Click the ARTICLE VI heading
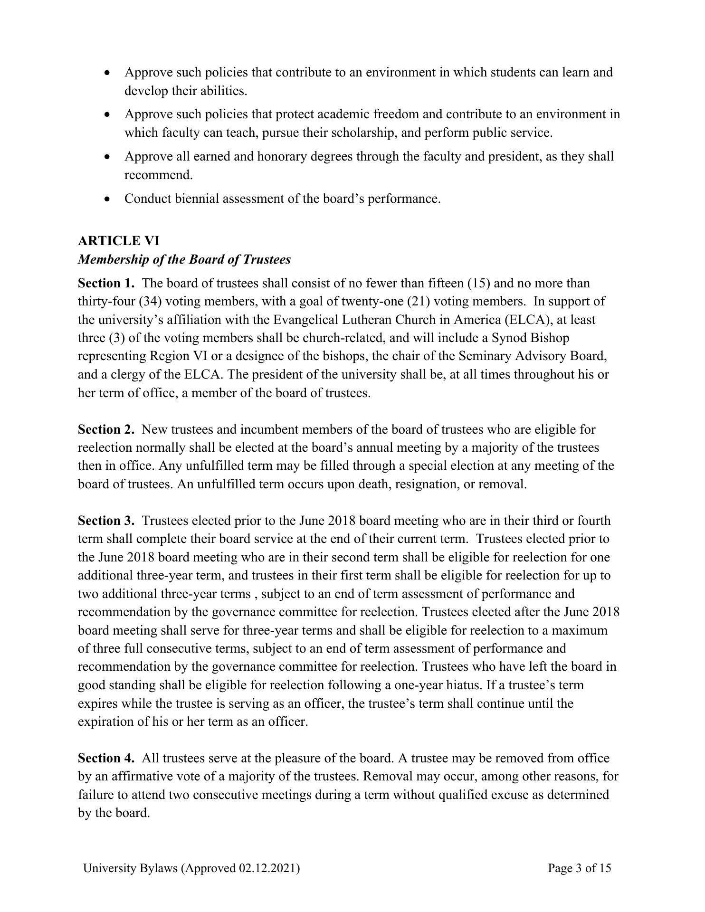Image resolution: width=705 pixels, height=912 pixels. point(119,241)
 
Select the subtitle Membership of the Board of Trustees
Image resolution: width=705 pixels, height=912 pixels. point(184,259)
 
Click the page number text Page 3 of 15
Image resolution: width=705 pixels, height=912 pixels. point(579,868)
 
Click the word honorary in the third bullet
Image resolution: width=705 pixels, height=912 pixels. point(282,156)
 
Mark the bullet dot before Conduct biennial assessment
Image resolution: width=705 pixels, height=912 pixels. point(108,199)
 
